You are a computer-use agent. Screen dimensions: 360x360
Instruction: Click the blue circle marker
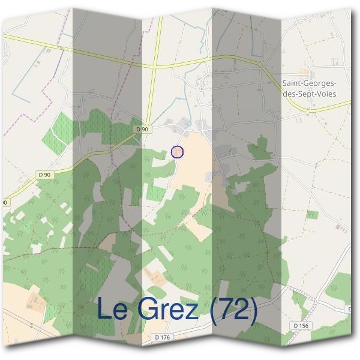[x=177, y=152]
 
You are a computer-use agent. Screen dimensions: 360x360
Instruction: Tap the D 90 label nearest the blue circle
[x=142, y=129]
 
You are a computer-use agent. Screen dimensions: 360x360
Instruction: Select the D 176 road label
[x=162, y=338]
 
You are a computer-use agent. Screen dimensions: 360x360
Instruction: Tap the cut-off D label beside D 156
[x=349, y=309]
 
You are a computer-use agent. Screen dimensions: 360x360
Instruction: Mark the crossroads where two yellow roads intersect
[x=154, y=65]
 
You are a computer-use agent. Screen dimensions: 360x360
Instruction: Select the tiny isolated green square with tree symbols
[x=311, y=214]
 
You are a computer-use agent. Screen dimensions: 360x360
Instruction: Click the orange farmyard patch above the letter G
[x=155, y=277]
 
